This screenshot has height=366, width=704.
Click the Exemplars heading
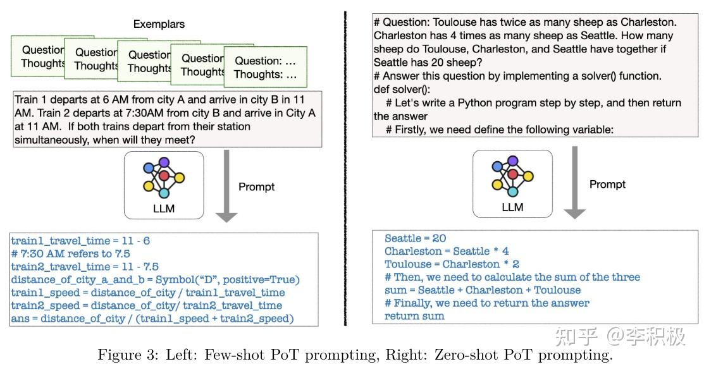pyautogui.click(x=159, y=24)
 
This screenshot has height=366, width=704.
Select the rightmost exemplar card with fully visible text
pyautogui.click(x=265, y=67)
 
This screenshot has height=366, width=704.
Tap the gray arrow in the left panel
pyautogui.click(x=226, y=190)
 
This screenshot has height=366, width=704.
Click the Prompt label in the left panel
pyautogui.click(x=256, y=186)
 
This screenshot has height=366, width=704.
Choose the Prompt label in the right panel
pyautogui.click(x=607, y=184)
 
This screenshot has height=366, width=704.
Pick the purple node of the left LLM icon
pyautogui.click(x=175, y=162)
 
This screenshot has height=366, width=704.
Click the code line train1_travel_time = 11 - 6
pyautogui.click(x=80, y=241)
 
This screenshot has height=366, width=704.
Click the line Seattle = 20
pyautogui.click(x=415, y=238)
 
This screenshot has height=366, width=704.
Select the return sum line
pyautogui.click(x=414, y=316)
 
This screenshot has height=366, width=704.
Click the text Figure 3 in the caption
pyautogui.click(x=123, y=355)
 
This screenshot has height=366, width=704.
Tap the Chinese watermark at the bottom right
pyautogui.click(x=620, y=336)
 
